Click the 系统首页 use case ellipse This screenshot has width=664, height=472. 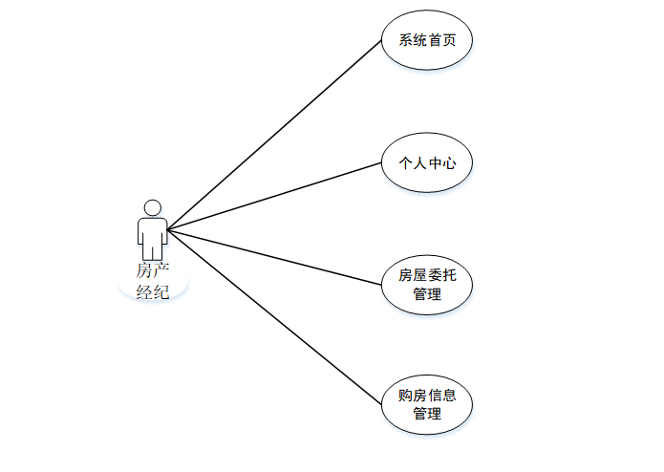tap(427, 41)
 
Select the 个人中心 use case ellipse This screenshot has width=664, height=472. tap(427, 163)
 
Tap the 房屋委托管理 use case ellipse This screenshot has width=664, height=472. tap(427, 284)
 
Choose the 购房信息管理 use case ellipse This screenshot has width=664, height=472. tap(427, 405)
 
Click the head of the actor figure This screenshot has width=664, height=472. tap(152, 207)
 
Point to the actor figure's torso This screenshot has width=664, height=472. tap(152, 229)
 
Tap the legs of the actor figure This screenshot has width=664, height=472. tap(152, 250)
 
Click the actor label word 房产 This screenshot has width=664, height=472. tap(153, 272)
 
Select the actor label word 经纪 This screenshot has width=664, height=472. tap(153, 292)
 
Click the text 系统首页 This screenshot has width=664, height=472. tap(427, 41)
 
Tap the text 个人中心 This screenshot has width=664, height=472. tap(427, 163)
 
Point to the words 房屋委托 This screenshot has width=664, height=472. tap(427, 275)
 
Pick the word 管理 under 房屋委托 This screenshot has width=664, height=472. tap(427, 294)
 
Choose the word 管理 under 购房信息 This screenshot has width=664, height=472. tap(427, 415)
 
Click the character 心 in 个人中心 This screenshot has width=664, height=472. tap(449, 163)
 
